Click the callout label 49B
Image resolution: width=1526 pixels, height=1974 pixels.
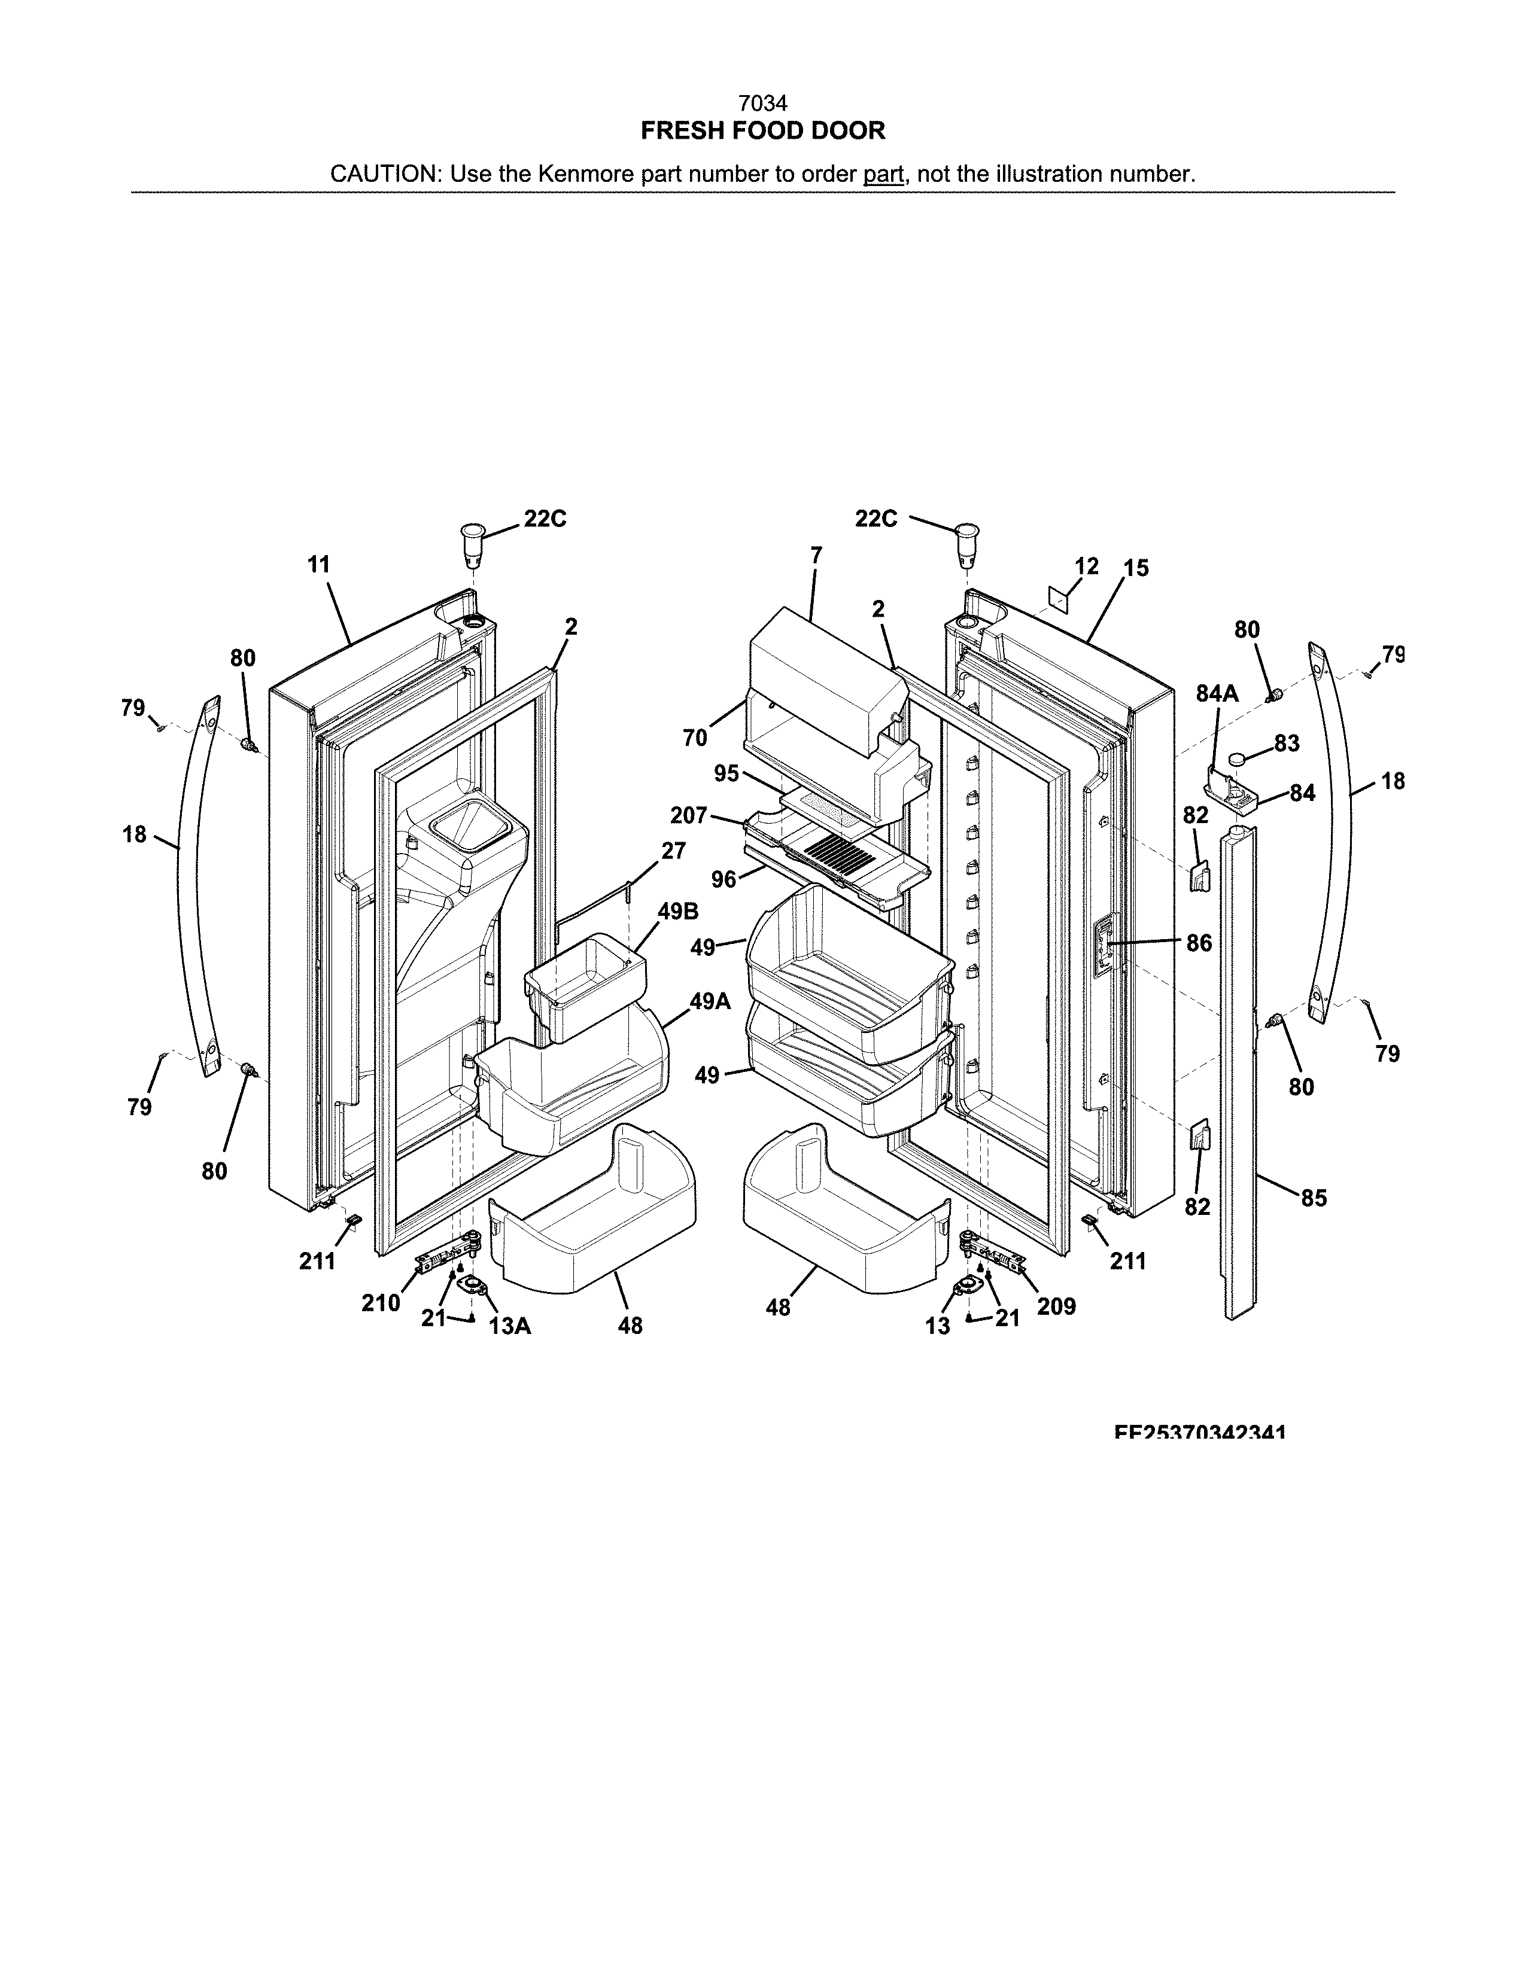[677, 910]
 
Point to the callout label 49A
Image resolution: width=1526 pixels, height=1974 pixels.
[710, 1001]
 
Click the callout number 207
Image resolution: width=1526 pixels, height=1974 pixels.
[688, 815]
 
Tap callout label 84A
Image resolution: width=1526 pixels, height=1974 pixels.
[1216, 694]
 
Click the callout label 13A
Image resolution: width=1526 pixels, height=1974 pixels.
[509, 1326]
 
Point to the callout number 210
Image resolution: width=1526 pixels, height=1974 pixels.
[381, 1302]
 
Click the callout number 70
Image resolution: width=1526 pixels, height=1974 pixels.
[694, 738]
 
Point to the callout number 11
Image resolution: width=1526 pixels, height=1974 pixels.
[318, 565]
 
